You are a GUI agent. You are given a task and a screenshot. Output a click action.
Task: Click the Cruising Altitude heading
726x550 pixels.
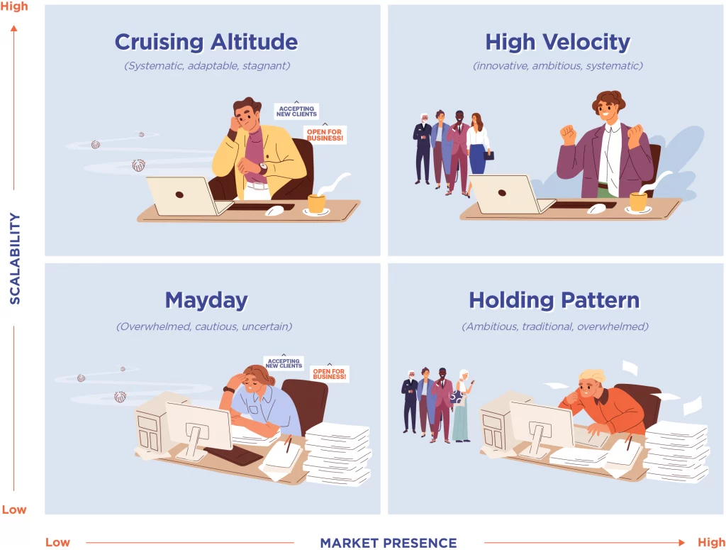206,43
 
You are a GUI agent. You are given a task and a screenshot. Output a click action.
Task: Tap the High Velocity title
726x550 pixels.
557,43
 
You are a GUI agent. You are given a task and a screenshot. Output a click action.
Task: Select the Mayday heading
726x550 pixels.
206,301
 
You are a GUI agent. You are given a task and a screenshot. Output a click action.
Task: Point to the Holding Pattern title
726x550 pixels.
554,300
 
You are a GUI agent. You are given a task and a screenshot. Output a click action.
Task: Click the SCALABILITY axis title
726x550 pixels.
15,258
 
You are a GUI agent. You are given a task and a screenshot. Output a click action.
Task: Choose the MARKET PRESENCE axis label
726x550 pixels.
389,543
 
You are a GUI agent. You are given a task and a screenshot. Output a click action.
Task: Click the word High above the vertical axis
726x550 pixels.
14,6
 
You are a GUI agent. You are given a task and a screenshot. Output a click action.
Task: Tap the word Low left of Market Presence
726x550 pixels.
57,542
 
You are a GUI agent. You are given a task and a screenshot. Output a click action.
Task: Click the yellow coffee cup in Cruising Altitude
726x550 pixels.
317,204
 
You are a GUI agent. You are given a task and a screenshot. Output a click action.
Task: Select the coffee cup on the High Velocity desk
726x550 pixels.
638,202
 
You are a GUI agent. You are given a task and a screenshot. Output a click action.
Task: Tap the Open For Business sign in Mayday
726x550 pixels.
329,373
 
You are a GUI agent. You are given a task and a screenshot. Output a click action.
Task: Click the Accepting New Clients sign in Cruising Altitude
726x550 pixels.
296,111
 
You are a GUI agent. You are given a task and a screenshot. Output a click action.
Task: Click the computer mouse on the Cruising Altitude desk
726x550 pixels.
274,211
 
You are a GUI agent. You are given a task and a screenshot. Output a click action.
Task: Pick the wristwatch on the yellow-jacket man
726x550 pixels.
263,167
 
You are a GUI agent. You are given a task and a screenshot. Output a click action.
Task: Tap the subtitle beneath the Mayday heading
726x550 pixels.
204,326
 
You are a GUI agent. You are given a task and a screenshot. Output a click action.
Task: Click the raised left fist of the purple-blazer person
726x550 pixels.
568,134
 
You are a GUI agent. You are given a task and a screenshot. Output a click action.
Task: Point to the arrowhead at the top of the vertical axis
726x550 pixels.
14,28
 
